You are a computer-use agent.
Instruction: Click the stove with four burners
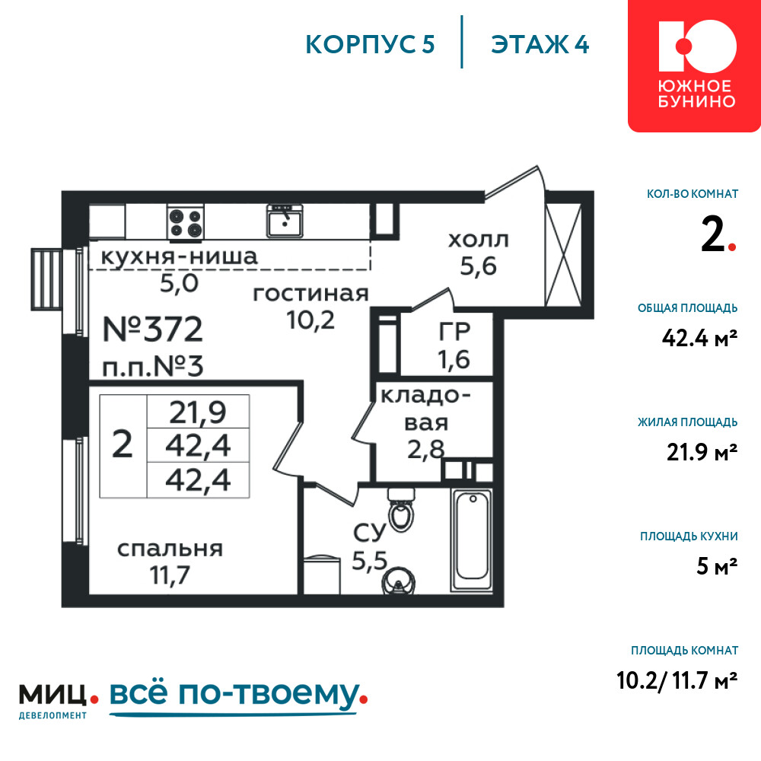186,222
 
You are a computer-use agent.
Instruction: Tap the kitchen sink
285,221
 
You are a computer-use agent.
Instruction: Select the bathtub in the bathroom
472,540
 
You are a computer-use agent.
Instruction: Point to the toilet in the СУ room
401,510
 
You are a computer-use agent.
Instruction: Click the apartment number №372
152,330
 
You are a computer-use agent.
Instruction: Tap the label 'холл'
479,240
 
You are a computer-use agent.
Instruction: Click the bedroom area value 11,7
170,575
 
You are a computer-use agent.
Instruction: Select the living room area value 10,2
310,320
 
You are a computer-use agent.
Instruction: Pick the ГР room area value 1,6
454,360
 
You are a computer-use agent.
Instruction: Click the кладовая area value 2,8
425,450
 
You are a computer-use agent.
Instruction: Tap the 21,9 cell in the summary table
198,412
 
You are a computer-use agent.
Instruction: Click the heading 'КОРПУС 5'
370,44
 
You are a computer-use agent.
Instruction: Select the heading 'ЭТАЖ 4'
540,44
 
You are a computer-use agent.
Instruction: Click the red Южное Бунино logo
694,65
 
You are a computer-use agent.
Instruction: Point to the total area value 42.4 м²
699,338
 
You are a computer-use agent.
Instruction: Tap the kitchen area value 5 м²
717,566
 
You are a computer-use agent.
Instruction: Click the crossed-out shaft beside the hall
563,255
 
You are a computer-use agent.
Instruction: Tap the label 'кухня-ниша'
179,256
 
